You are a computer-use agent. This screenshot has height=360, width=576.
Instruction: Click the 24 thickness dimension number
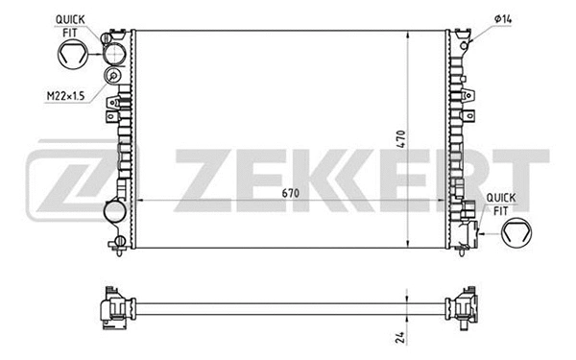tap(401, 336)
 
